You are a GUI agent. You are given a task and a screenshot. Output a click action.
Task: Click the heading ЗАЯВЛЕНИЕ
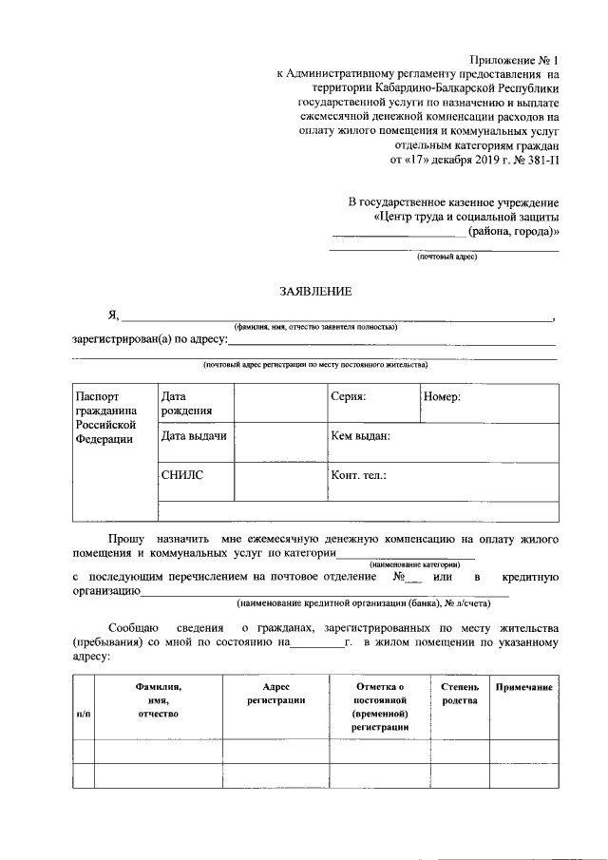tap(314, 291)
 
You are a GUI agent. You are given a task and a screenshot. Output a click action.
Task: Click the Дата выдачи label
tap(194, 436)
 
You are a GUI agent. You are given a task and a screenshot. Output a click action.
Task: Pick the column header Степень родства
tap(461, 693)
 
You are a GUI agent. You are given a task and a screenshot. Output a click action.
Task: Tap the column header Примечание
tap(523, 686)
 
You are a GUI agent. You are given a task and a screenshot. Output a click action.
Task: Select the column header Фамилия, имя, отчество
tap(158, 699)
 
